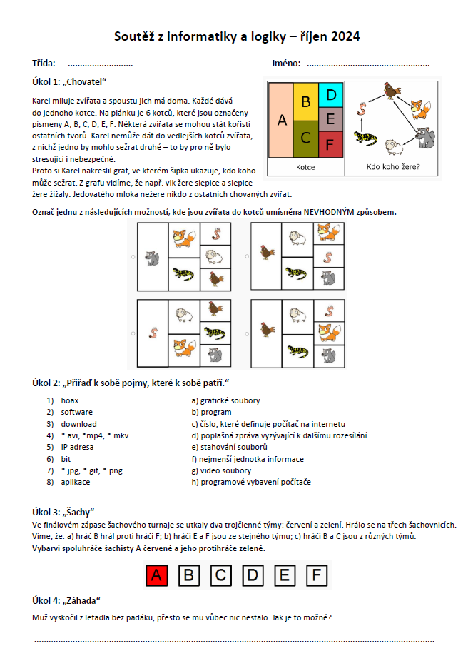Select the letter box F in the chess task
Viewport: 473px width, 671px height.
[317, 575]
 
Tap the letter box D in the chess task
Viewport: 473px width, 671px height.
[253, 575]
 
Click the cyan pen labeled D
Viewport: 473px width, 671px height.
[330, 94]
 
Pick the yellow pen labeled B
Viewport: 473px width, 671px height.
[305, 102]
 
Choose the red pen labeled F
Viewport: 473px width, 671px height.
[330, 144]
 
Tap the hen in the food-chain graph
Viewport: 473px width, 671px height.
[390, 91]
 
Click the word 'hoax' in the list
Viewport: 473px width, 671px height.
[69, 400]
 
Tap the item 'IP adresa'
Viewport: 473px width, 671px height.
[76, 447]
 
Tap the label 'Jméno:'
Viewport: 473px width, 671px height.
[285, 64]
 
